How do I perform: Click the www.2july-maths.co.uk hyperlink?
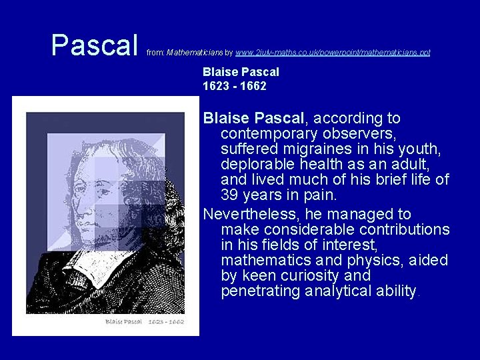tap(333, 52)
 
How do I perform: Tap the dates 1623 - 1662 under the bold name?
tap(235, 86)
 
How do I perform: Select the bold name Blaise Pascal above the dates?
tap(241, 72)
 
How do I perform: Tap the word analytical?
tap(337, 291)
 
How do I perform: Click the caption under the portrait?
tap(144, 322)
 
